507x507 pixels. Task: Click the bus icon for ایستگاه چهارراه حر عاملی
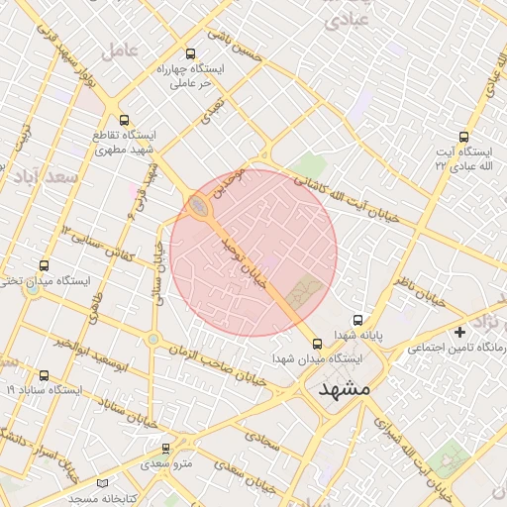point(191,55)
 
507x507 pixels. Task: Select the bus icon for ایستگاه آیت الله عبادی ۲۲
point(463,138)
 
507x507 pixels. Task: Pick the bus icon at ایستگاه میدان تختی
point(44,265)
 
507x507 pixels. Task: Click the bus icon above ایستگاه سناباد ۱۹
point(44,375)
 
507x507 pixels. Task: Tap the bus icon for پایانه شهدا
point(357,320)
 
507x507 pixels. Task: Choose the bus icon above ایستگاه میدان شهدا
point(317,344)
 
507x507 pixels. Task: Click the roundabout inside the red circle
point(199,207)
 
